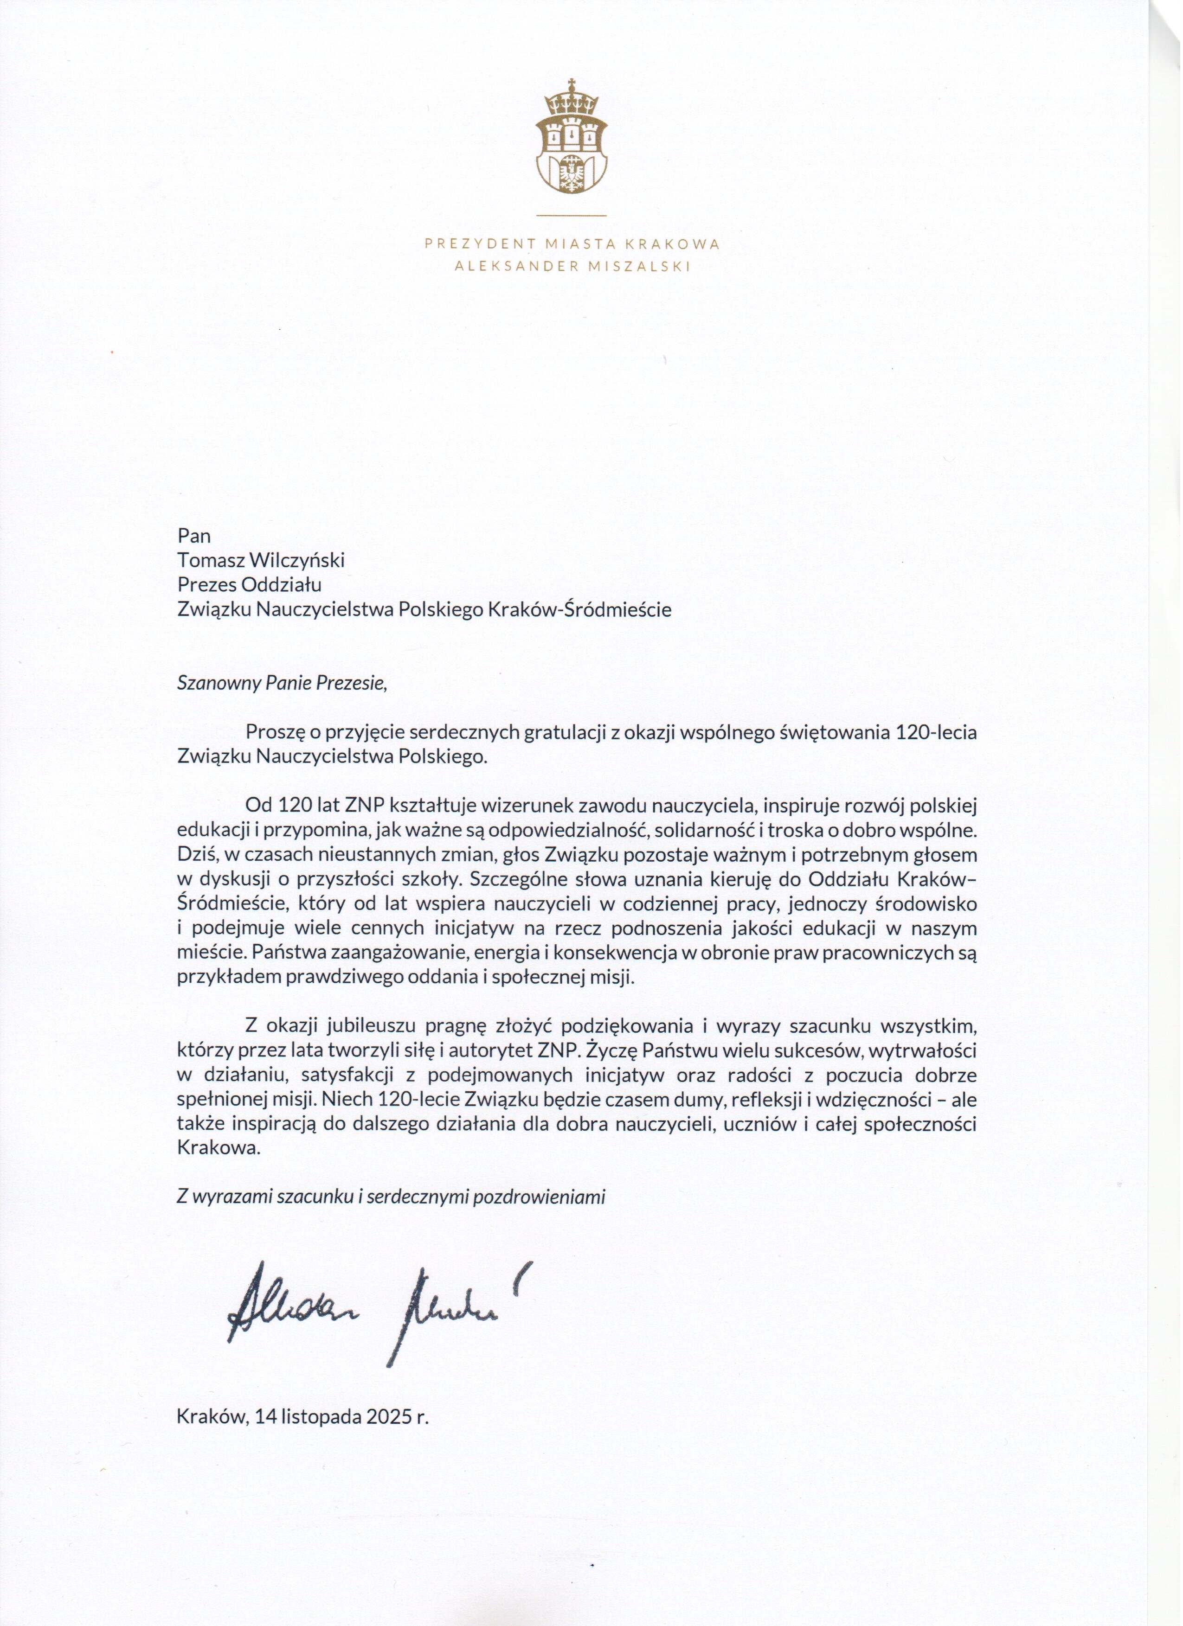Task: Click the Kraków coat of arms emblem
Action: coord(572,136)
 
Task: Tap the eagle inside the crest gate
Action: coord(572,172)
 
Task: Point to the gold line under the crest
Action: coord(572,215)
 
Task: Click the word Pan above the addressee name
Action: coord(193,536)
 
